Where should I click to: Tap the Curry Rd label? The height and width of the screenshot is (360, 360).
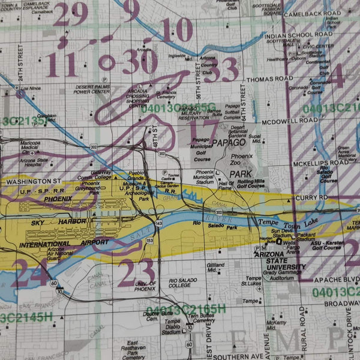click(314, 197)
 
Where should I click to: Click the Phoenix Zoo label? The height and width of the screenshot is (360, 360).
click(242, 160)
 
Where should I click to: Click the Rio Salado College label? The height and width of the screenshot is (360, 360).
click(187, 283)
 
